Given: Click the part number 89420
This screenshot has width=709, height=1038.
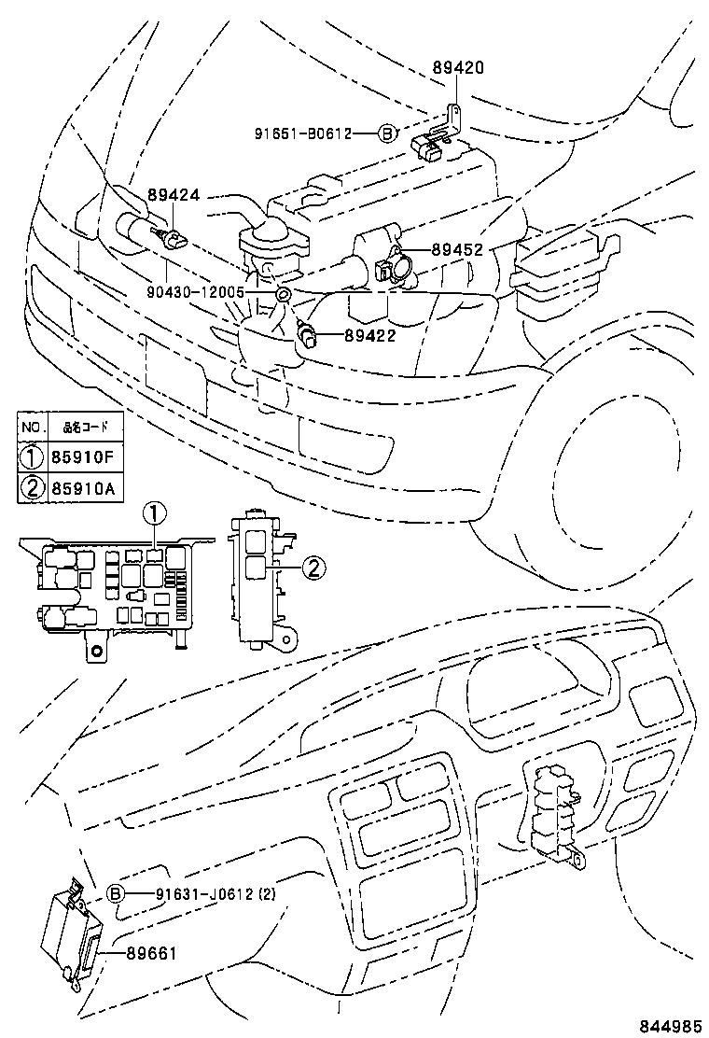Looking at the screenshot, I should point(458,68).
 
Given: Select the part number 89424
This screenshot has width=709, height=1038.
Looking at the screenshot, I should point(173,196).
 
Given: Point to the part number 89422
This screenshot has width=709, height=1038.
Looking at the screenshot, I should point(370,335).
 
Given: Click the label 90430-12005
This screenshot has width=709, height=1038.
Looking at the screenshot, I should point(195,292).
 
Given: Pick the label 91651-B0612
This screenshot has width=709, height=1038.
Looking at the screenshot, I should point(302,133).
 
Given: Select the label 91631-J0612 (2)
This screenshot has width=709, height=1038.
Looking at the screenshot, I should point(202,893).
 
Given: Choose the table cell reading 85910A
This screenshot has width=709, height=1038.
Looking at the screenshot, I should point(83,488).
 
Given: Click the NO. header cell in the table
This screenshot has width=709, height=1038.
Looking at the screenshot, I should point(34,428).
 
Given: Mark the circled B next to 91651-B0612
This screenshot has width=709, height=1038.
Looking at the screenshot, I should point(387,133).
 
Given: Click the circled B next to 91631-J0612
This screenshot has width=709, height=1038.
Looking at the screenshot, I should point(117,893).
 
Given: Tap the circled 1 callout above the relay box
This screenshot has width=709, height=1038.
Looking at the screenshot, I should point(155,512).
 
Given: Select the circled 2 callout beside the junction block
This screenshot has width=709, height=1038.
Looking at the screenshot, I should point(315,566).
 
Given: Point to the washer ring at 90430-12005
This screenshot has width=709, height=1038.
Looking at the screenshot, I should point(284,296).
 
